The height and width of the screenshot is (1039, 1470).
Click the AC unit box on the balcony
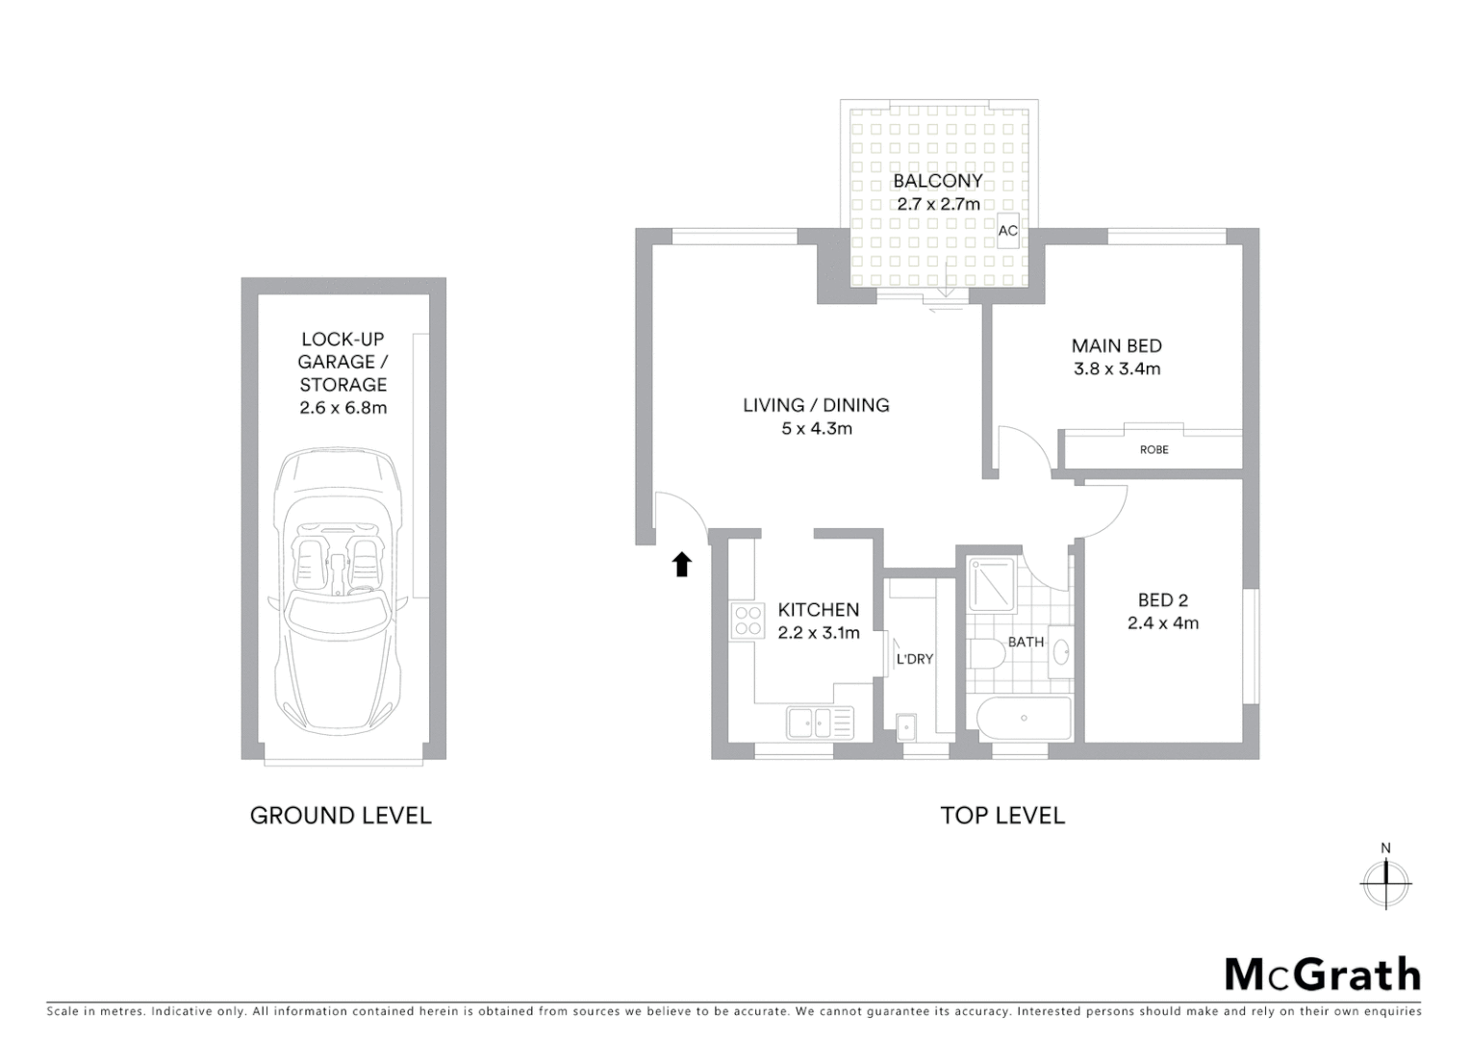1007,231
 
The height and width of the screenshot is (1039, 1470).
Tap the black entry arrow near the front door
682,564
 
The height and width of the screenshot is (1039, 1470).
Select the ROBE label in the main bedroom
1153,449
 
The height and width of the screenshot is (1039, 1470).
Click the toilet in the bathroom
986,654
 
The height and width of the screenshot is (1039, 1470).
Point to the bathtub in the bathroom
1024,718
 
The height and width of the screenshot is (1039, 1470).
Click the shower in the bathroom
991,584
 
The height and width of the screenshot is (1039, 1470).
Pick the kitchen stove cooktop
748,621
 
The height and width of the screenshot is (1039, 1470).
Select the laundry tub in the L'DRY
906,726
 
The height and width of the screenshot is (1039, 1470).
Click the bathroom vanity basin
1060,651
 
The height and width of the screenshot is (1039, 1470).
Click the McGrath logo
1322,975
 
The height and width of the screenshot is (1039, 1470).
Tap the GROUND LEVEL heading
341,816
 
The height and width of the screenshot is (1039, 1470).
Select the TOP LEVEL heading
1002,816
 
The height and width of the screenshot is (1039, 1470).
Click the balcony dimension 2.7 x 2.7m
938,204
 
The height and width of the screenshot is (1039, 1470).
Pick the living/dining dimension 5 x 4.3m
817,428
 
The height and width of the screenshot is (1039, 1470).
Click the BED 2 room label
1162,600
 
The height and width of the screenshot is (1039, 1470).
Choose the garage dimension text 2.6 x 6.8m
342,407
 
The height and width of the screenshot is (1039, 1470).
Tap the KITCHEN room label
818,610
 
